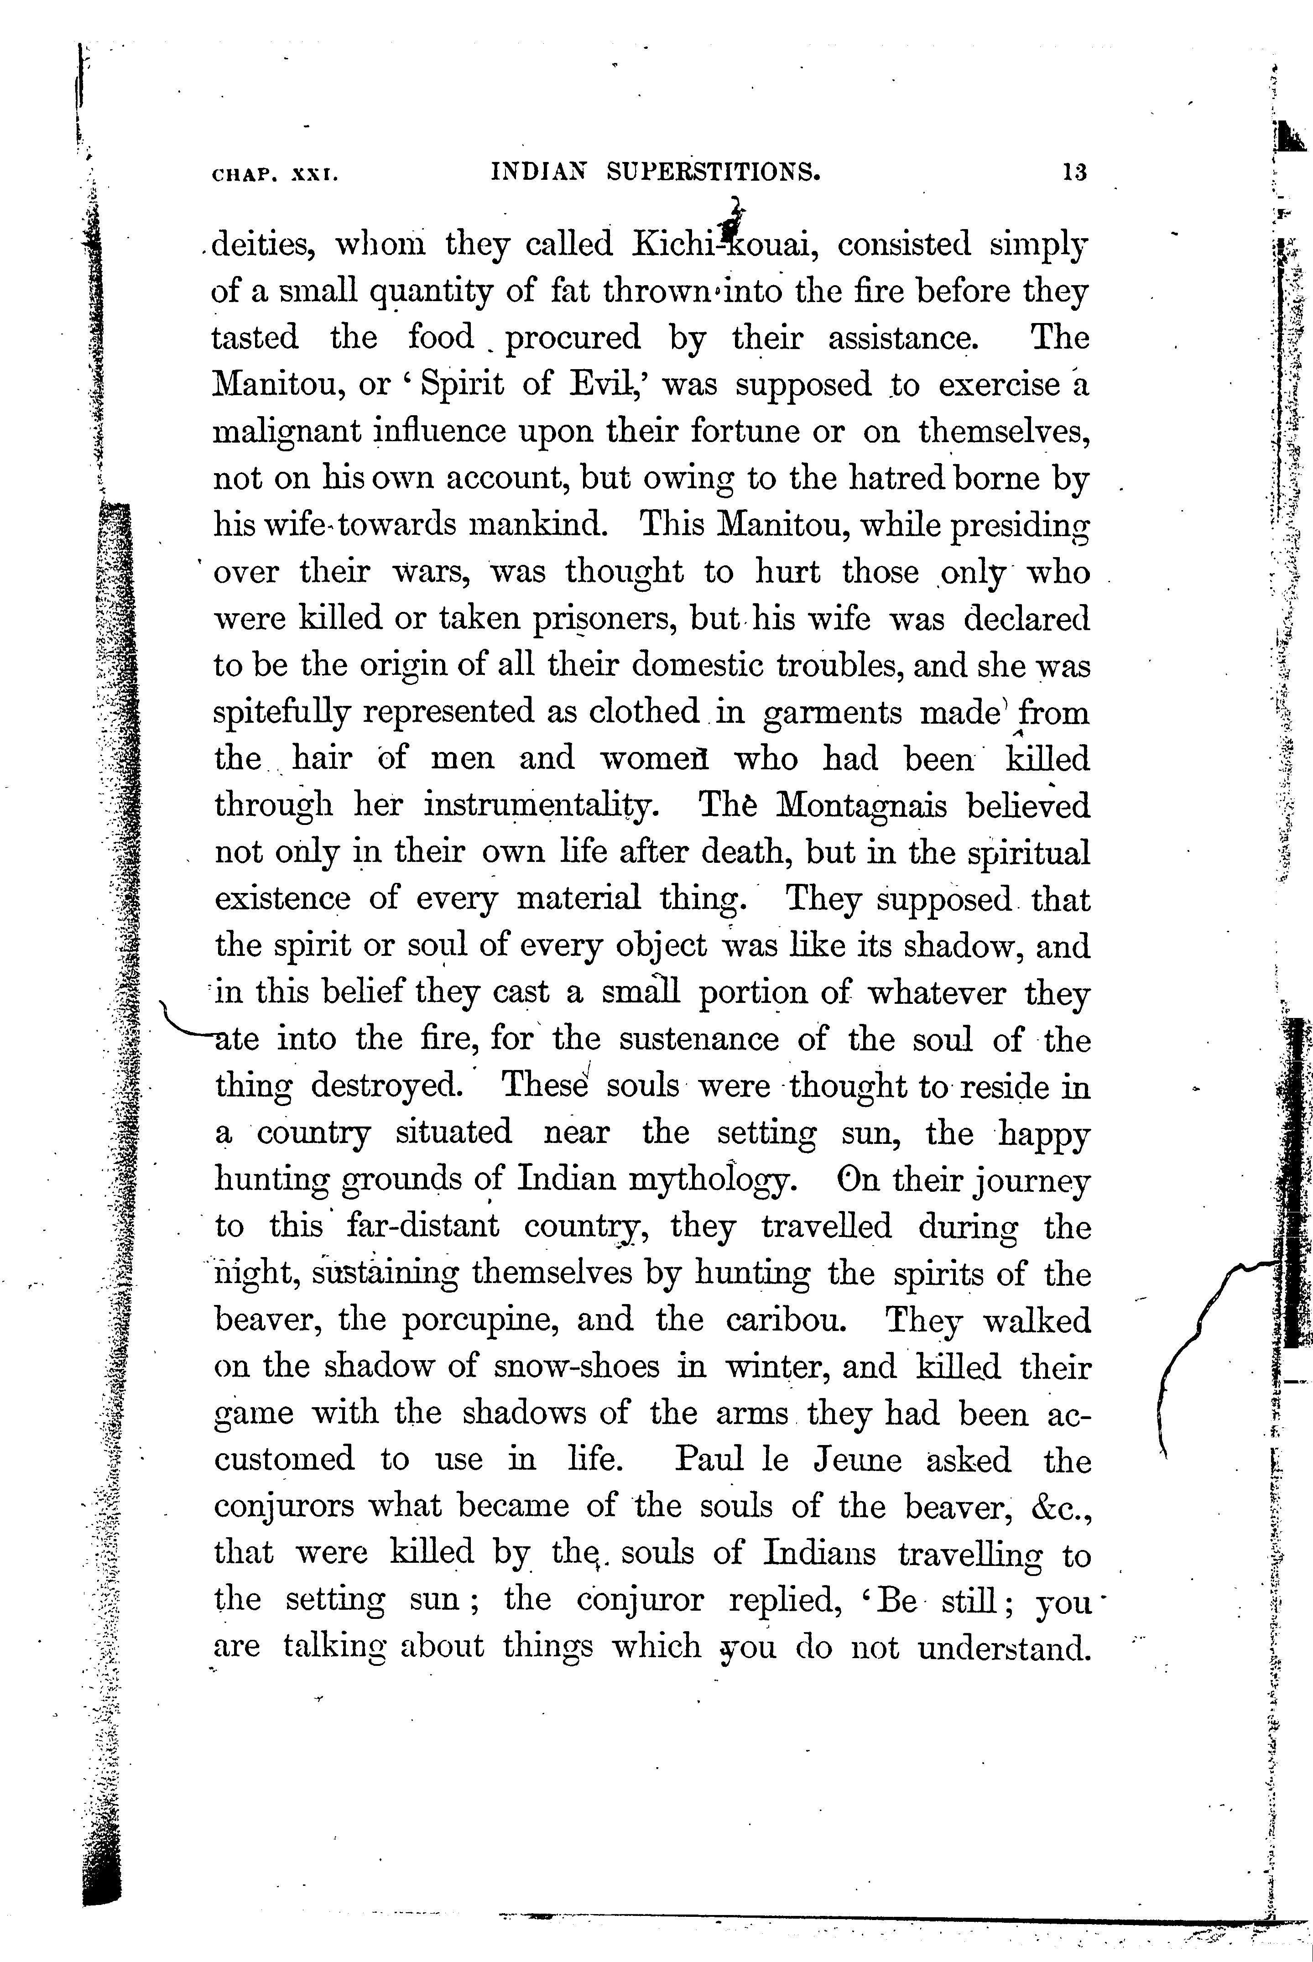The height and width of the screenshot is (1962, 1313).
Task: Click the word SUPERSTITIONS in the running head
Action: [714, 172]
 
